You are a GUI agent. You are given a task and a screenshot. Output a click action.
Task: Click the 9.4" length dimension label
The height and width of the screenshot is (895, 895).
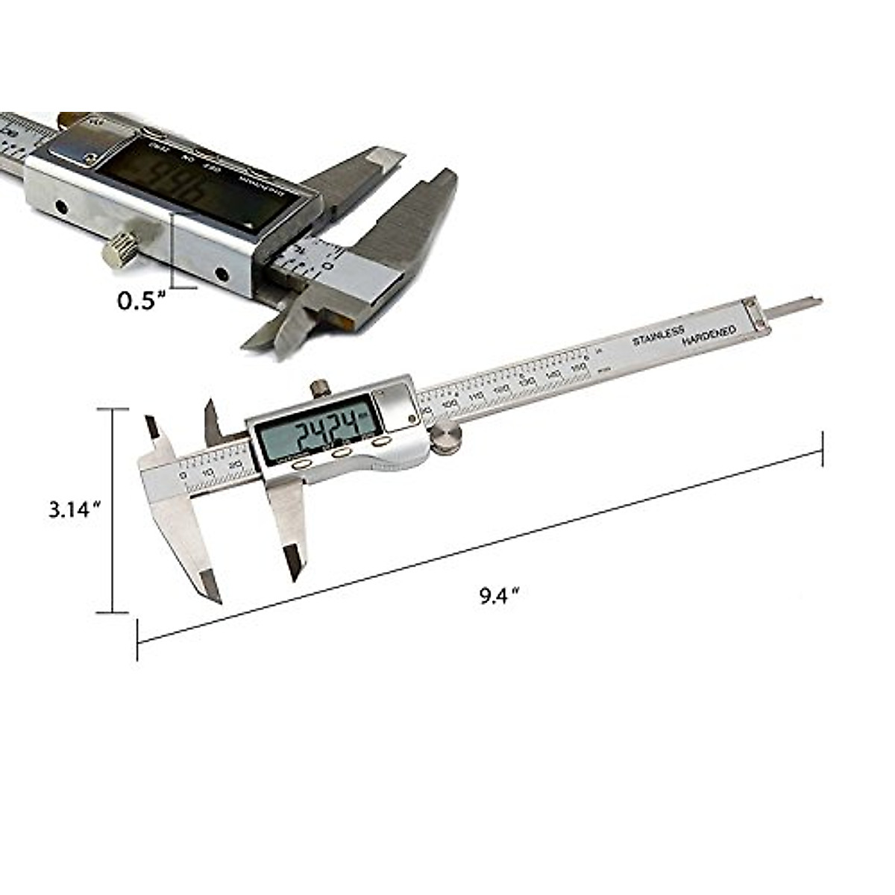coord(498,595)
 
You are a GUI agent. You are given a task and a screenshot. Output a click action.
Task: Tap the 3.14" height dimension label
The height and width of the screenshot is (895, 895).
coord(74,510)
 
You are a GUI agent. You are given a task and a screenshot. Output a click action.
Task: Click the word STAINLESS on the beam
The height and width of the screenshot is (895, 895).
coord(658,336)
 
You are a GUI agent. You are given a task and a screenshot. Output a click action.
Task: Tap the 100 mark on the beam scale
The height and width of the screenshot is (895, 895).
coord(450,403)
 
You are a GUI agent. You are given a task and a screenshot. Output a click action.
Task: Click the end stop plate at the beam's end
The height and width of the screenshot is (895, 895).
coord(754,313)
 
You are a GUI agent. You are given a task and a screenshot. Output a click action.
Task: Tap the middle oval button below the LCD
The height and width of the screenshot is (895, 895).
coord(342,453)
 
